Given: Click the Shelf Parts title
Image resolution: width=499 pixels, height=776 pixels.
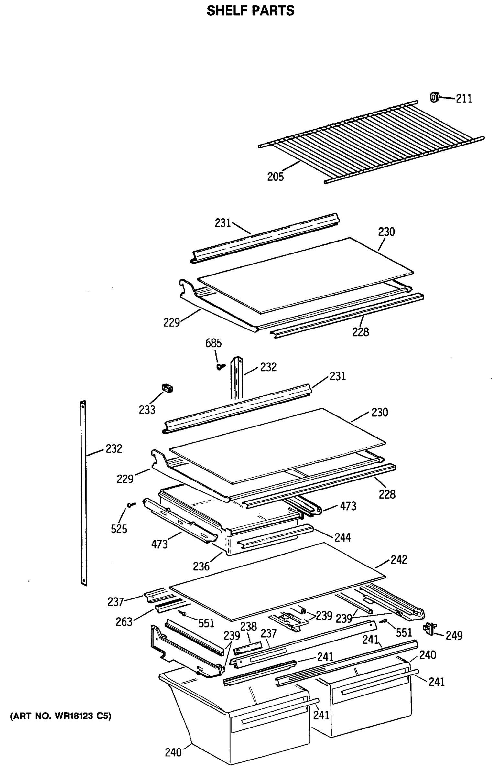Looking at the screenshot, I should pyautogui.click(x=251, y=11).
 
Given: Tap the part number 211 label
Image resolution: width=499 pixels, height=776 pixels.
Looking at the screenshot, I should pyautogui.click(x=464, y=99).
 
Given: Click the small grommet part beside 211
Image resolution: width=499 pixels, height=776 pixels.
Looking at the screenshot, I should pyautogui.click(x=434, y=97).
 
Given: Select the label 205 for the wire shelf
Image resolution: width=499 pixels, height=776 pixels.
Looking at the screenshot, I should pyautogui.click(x=275, y=177).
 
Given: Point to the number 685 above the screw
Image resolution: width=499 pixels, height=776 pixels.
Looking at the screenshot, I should pyautogui.click(x=213, y=343).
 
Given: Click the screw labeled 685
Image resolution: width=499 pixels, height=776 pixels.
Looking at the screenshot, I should pyautogui.click(x=221, y=367).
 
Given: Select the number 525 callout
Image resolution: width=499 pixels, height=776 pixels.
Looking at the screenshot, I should pyautogui.click(x=119, y=529).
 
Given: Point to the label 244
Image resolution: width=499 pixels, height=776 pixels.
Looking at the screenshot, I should pyautogui.click(x=342, y=538).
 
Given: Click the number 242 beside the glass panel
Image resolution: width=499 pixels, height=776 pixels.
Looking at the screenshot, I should pyautogui.click(x=398, y=560).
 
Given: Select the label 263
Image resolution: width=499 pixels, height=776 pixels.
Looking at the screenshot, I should pyautogui.click(x=124, y=622).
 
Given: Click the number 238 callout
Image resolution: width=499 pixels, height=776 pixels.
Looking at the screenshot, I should pyautogui.click(x=248, y=626).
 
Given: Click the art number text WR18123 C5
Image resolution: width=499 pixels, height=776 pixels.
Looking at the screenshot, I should pyautogui.click(x=60, y=716).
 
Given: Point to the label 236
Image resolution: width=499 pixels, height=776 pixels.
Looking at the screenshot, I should pyautogui.click(x=201, y=566).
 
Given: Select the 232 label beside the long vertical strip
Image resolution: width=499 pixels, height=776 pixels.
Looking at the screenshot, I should pyautogui.click(x=114, y=448).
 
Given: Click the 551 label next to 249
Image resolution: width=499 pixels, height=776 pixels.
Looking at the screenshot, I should pyautogui.click(x=404, y=632).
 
